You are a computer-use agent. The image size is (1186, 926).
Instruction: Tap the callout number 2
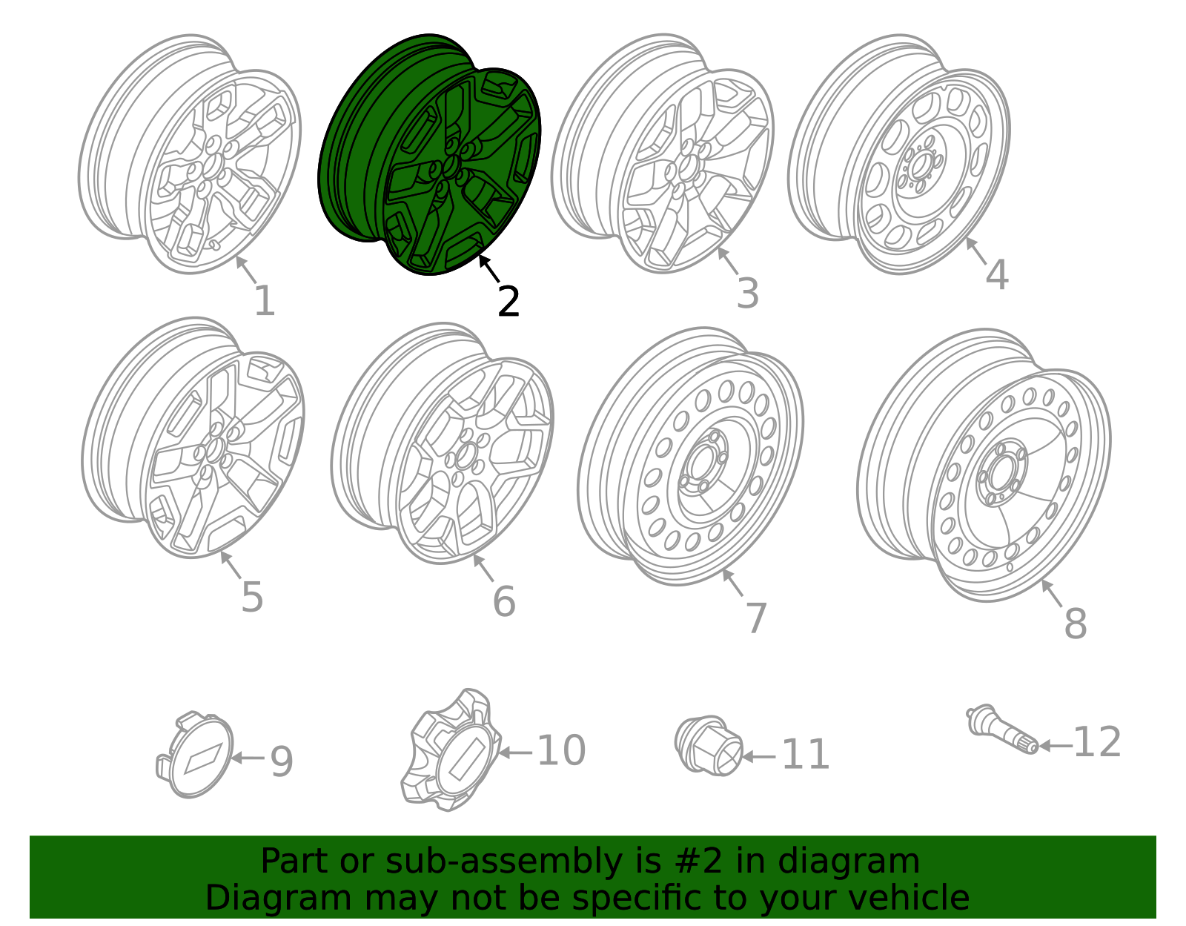tap(508, 302)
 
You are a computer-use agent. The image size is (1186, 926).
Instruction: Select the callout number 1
tap(265, 302)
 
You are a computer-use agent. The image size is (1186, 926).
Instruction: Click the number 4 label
tap(997, 275)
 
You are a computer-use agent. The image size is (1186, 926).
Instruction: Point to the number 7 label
tap(755, 618)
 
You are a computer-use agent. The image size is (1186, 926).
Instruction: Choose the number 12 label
tap(1097, 742)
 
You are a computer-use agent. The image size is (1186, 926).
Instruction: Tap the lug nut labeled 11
tap(709, 746)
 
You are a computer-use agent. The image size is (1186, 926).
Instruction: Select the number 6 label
tap(504, 601)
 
